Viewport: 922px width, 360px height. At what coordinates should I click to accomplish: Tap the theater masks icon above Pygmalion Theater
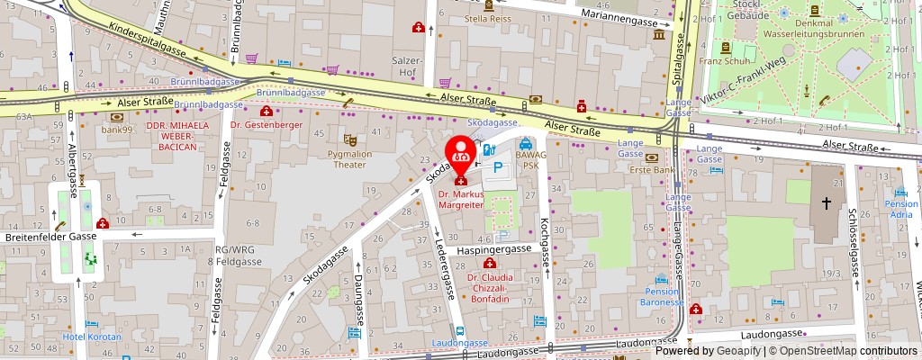[x=349, y=139]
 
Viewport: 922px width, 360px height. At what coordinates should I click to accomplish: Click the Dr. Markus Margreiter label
[x=461, y=199]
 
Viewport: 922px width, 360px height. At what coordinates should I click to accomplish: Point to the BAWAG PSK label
[x=527, y=160]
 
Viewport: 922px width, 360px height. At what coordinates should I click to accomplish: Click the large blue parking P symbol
[x=497, y=167]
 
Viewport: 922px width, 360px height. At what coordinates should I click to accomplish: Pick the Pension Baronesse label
[x=662, y=297]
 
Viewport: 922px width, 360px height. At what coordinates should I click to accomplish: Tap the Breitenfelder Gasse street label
[x=50, y=236]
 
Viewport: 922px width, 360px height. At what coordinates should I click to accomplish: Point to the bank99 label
[x=117, y=130]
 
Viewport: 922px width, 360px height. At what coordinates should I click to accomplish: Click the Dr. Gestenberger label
[x=266, y=124]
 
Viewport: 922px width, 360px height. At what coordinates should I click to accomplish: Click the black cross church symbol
[x=826, y=204]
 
